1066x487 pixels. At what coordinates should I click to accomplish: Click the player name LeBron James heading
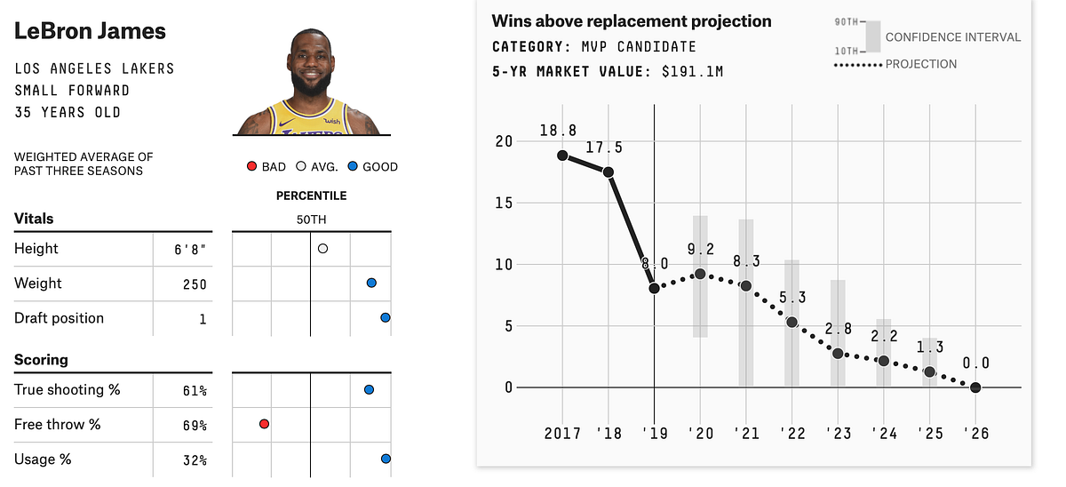tap(91, 31)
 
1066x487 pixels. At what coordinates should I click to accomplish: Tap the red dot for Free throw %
tap(264, 424)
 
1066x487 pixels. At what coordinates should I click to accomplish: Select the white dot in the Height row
tap(322, 249)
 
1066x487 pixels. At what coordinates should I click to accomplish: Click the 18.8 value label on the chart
tap(558, 132)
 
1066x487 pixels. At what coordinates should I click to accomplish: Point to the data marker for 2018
tap(609, 172)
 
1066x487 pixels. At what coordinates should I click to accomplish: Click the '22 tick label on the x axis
tap(792, 434)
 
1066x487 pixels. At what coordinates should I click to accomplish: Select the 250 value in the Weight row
tap(194, 284)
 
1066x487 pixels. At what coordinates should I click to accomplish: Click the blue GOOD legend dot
tap(354, 166)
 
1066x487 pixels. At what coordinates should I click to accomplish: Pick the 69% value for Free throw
tap(195, 426)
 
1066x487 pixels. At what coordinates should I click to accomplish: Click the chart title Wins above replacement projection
tap(632, 21)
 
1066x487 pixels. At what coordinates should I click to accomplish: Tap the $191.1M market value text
tap(692, 71)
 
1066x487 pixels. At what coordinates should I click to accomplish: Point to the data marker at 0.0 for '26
tap(975, 387)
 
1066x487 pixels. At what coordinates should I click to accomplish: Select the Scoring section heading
tap(41, 360)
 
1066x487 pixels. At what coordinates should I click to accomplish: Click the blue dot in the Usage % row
tap(386, 459)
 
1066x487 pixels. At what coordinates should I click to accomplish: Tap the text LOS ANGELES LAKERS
tap(94, 68)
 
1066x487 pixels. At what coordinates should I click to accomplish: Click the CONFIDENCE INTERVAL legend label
tap(953, 37)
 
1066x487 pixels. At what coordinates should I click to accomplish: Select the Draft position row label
tap(59, 318)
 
